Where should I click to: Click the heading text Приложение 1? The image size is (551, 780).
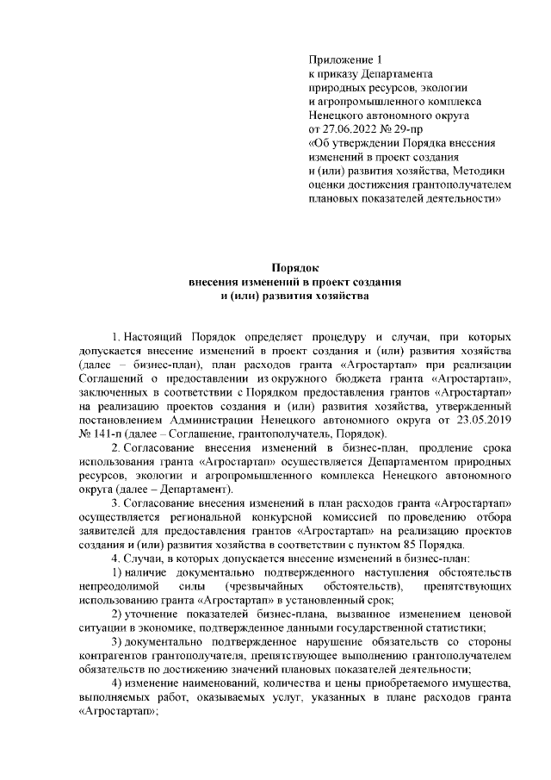coord(344,59)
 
